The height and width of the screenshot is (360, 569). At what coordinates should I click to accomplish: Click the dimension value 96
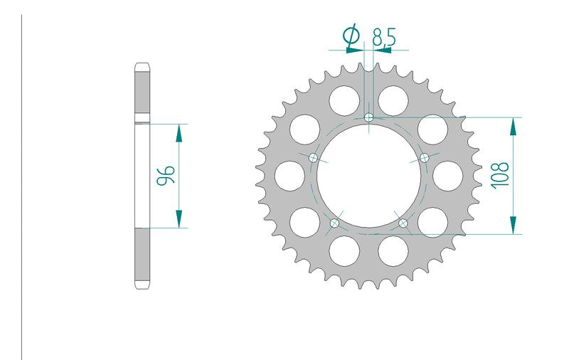166,175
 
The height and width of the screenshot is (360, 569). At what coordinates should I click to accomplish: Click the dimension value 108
500,175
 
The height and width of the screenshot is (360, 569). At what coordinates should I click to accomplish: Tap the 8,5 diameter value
384,37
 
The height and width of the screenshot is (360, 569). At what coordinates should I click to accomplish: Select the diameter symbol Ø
351,36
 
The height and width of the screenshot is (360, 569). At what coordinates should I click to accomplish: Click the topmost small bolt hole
368,117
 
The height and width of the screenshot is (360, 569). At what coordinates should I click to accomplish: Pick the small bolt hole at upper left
313,158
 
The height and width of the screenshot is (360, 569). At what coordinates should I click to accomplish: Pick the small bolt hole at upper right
424,158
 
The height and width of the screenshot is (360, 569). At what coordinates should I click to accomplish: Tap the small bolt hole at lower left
334,223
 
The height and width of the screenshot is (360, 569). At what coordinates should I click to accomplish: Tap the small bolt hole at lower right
403,223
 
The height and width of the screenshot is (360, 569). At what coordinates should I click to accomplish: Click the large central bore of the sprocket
368,176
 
